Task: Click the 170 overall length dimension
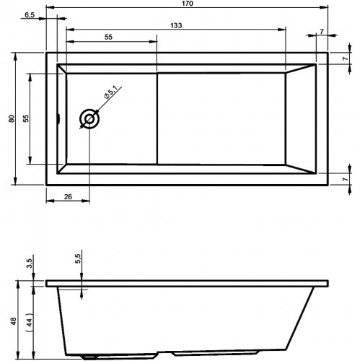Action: click(x=187, y=4)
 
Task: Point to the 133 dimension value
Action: click(x=176, y=25)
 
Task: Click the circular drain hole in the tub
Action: click(x=90, y=118)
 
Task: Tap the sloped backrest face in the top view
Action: click(x=302, y=118)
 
